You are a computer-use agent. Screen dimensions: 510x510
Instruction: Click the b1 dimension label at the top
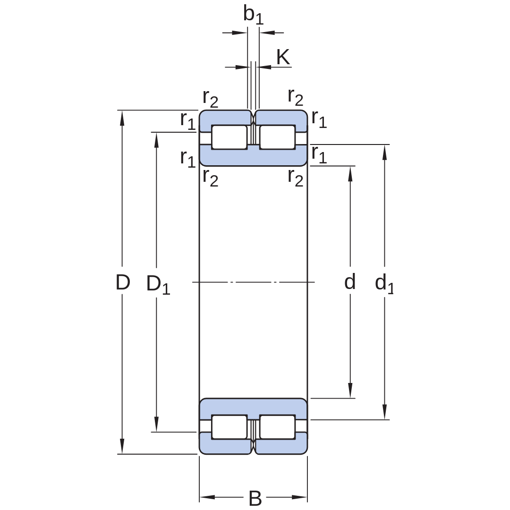(254, 15)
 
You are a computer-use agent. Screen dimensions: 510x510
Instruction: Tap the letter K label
(283, 57)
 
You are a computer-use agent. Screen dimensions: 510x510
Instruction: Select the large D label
(123, 282)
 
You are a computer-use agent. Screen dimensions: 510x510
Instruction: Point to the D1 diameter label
(158, 284)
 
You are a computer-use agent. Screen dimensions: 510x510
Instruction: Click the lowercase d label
(349, 281)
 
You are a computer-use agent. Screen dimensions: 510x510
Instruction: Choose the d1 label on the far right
(384, 284)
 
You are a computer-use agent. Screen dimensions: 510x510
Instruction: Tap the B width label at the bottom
(255, 498)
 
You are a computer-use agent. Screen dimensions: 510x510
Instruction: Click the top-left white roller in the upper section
(229, 137)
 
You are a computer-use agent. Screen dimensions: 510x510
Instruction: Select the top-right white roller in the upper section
(278, 137)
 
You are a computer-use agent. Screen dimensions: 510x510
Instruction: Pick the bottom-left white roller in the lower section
(229, 427)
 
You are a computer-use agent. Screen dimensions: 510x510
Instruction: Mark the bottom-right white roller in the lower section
(278, 427)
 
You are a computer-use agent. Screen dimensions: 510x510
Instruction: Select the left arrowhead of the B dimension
(207, 497)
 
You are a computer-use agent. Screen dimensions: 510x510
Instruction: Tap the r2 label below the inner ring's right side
(296, 178)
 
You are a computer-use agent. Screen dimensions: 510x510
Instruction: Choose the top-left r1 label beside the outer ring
(187, 120)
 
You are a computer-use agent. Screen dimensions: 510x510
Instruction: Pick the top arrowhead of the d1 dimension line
(384, 152)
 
